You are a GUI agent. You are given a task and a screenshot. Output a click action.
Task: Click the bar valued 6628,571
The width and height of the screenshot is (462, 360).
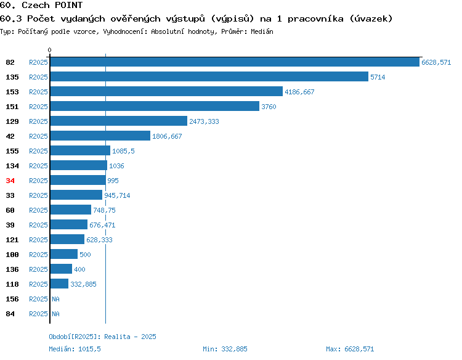pos(235,62)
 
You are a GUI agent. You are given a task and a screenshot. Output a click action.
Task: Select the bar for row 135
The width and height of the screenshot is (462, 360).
pos(209,76)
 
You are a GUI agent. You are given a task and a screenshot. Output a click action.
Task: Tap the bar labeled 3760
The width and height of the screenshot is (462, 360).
pos(155,106)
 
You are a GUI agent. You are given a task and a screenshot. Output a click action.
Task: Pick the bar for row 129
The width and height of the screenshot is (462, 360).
pos(119,121)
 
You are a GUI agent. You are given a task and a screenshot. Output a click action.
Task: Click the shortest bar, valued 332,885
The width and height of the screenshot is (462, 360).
pos(59,284)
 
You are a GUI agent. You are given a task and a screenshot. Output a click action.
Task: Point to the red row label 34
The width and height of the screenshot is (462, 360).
pos(10,181)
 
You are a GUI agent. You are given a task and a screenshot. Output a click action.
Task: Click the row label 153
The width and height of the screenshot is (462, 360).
pos(12,92)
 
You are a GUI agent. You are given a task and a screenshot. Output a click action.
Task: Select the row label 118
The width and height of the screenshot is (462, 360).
pos(12,284)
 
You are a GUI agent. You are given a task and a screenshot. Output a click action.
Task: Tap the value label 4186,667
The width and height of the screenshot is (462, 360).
pos(299,92)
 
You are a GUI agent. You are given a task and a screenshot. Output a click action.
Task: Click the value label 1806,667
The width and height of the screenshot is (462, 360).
pos(167,136)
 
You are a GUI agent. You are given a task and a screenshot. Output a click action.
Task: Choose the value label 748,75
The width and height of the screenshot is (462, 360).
pos(104,210)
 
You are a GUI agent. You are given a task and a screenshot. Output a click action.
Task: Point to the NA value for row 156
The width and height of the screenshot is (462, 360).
pos(55,299)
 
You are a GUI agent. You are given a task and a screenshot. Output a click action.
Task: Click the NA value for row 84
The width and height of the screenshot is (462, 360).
pos(55,314)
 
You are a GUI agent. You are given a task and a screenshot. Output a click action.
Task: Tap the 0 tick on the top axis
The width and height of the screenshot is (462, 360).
pos(49,50)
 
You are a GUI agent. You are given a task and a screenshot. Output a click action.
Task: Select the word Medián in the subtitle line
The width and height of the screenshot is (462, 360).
pos(262,31)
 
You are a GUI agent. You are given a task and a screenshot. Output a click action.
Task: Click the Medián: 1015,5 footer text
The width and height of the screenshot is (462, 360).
pos(75,349)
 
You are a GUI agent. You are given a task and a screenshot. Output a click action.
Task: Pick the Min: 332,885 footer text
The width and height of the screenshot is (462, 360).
pos(225,349)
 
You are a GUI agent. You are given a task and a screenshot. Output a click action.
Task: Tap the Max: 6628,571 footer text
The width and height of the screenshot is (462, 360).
pos(350,349)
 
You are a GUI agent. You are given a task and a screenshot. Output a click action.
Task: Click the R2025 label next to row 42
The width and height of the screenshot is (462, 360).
pos(38,136)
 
